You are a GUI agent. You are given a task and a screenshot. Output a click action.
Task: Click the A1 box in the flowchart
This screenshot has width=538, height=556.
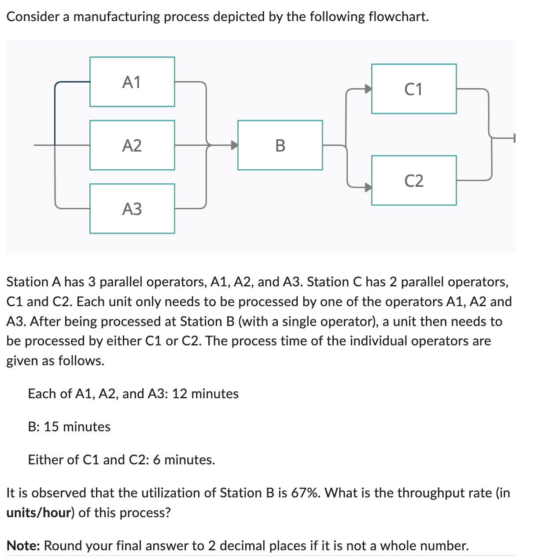[x=132, y=82]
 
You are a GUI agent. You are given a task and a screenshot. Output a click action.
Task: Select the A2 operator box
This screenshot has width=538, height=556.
[x=132, y=145]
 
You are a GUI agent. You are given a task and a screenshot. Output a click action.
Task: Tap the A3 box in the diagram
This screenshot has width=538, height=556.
[x=132, y=208]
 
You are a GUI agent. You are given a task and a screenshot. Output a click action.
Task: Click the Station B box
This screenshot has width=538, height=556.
[x=280, y=145]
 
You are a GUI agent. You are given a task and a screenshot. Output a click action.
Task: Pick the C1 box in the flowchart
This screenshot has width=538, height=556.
[x=414, y=89]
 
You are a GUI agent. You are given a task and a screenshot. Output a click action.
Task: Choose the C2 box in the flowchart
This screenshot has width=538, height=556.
[x=414, y=180]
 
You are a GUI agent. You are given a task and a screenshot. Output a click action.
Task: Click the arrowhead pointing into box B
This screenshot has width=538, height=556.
[x=235, y=145]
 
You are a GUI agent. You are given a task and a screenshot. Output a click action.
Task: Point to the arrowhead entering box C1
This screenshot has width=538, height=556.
[x=368, y=89]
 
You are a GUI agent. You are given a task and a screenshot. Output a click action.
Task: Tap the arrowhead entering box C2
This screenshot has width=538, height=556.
[x=368, y=187]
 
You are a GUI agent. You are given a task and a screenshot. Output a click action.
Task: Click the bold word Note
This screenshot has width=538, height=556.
[x=23, y=545]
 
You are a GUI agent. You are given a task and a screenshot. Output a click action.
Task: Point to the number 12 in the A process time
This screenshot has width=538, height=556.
[x=180, y=393]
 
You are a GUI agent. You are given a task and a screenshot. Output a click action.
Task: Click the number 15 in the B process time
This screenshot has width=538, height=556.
[x=51, y=426]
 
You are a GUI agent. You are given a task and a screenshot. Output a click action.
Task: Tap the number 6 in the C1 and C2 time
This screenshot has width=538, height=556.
[x=156, y=460]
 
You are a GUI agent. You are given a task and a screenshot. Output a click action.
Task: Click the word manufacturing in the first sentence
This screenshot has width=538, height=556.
[x=117, y=17]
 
